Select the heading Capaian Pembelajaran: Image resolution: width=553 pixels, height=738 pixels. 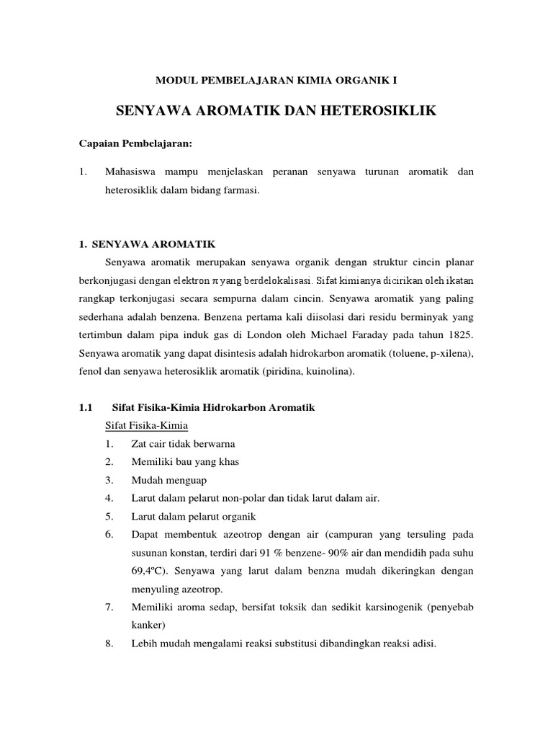(x=135, y=143)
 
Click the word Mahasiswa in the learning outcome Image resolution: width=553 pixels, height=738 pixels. (x=132, y=172)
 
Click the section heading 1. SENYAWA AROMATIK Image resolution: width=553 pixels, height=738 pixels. (x=149, y=244)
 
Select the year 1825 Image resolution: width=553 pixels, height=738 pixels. (x=459, y=334)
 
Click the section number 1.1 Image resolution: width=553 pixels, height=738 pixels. (x=86, y=408)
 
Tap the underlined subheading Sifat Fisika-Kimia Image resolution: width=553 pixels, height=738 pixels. (x=146, y=425)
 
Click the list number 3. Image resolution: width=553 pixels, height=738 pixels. (x=109, y=479)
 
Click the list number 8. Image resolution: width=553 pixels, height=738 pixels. (x=109, y=644)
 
